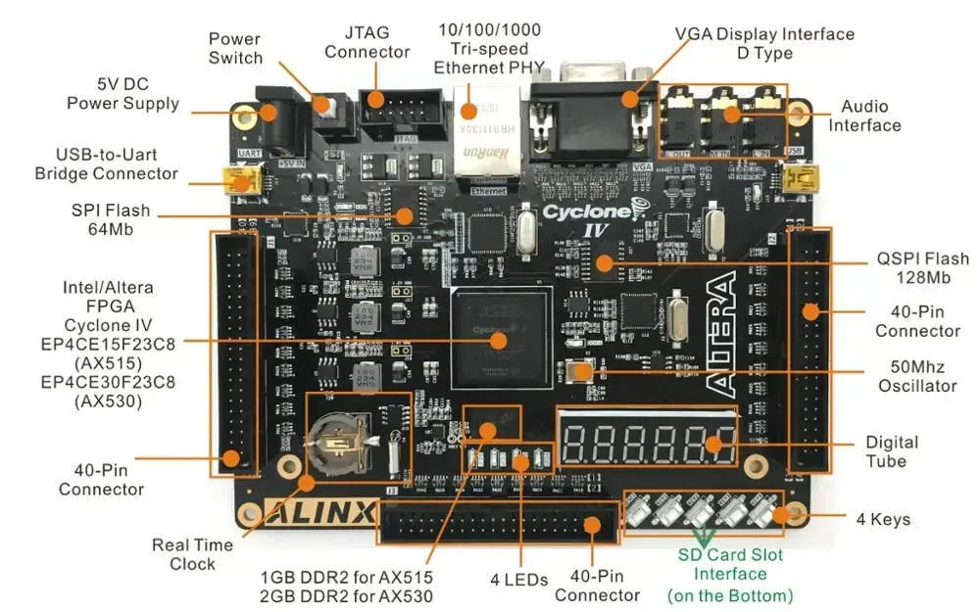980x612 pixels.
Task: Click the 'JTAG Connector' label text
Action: (x=367, y=42)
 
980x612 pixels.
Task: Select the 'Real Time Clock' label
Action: (x=192, y=554)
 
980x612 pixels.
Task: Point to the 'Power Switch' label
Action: (x=235, y=48)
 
